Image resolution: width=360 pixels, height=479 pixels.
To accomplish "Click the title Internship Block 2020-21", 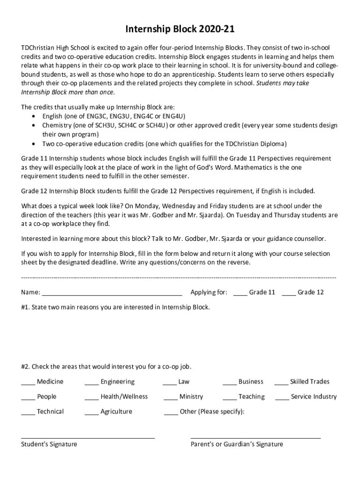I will click(180, 30).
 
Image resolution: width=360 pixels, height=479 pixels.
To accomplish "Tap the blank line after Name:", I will click(112, 294).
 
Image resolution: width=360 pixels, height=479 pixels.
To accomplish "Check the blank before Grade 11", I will click(240, 294).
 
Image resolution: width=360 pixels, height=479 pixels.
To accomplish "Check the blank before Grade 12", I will click(288, 294).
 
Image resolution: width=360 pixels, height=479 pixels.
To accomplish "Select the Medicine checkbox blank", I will click(28, 384).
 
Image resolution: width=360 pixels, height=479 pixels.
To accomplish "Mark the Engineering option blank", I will click(91, 384).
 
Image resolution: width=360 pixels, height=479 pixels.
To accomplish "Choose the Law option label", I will click(184, 382).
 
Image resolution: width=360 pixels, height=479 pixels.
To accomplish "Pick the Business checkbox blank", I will click(229, 384).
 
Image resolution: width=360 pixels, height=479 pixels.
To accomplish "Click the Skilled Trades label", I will click(310, 382).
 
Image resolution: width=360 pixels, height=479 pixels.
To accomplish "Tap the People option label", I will click(47, 397).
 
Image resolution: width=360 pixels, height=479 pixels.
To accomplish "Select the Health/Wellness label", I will click(124, 397).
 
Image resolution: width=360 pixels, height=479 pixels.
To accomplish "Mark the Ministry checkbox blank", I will click(170, 399).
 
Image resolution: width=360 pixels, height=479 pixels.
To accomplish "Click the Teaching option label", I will click(251, 397).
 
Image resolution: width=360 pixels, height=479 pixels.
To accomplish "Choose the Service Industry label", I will click(313, 397).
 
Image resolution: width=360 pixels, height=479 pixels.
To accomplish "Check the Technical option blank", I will click(28, 414).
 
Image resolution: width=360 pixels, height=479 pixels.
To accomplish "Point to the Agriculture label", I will click(116, 412).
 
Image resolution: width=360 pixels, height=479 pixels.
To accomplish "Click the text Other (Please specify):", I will click(212, 412).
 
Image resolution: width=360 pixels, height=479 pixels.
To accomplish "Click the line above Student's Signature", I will click(88, 438).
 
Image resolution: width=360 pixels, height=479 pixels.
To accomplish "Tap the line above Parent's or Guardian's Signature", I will click(255, 438).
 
